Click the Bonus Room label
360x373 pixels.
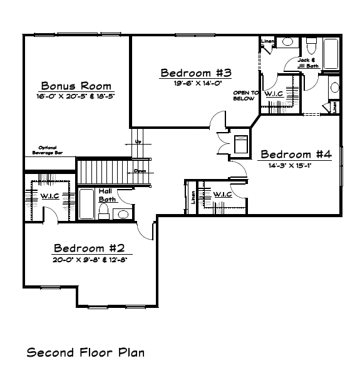(x=76, y=86)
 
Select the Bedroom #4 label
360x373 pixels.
(x=295, y=154)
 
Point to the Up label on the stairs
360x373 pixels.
(x=138, y=142)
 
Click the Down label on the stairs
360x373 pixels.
(x=140, y=170)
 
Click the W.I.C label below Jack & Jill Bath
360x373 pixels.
(x=274, y=93)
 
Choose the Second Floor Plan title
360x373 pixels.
(x=85, y=352)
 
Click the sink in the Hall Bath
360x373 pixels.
(x=123, y=214)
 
